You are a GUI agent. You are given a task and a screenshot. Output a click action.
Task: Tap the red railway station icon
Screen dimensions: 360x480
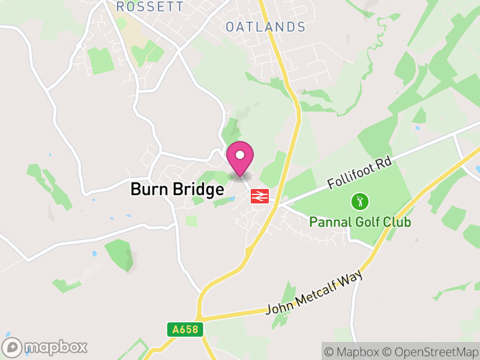[x=259, y=196]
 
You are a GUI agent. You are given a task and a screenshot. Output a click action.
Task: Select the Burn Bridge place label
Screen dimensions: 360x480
[x=177, y=190]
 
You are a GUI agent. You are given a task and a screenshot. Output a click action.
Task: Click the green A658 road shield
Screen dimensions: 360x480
[x=185, y=329]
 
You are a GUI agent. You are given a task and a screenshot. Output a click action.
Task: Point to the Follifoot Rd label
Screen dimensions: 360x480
[x=359, y=175]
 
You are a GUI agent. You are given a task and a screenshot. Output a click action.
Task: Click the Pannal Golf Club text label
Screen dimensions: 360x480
[x=360, y=222]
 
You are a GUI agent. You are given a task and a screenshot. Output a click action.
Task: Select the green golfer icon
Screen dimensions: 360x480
[x=360, y=202]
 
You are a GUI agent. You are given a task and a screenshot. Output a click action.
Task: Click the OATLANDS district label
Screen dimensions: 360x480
[x=265, y=27]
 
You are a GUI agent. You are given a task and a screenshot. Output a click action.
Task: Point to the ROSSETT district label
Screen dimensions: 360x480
[x=151, y=7]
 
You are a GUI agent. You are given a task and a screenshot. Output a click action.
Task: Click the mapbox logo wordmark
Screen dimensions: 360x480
[x=55, y=347]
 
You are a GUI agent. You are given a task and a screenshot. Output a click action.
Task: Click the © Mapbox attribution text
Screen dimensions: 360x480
[x=353, y=351]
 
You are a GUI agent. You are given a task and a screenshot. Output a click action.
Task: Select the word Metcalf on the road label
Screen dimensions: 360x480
[x=317, y=297]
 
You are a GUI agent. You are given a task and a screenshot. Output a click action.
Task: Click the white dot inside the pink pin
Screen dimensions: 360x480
[x=240, y=155]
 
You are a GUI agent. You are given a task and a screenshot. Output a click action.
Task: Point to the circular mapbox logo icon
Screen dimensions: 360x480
[x=13, y=347]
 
